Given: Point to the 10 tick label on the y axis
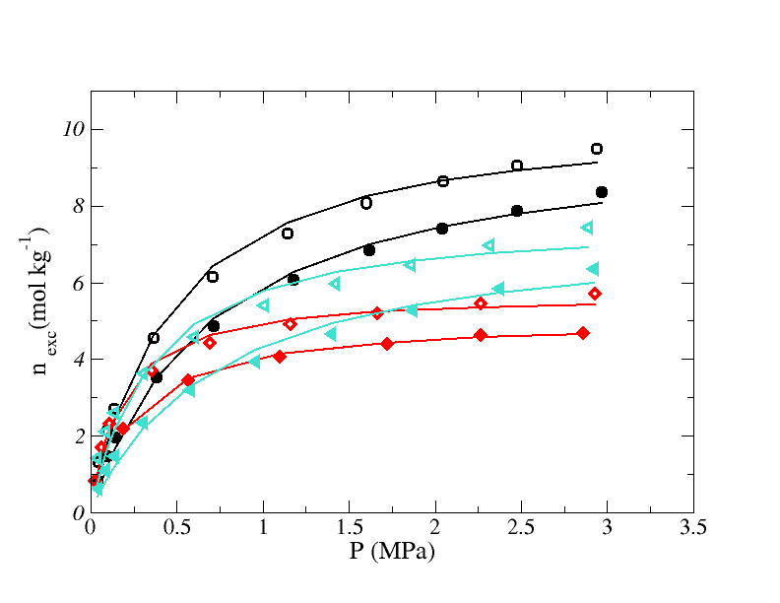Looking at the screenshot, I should pos(66,130).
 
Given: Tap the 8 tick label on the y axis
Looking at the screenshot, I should pos(73,207).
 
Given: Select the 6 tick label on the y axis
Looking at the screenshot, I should pos(73,284).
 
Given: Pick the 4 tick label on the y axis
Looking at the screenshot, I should pos(73,360).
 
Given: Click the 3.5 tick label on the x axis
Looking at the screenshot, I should pos(693,528).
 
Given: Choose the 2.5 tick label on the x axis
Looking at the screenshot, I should pos(521,528).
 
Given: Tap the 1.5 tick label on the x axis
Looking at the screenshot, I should pos(349,528).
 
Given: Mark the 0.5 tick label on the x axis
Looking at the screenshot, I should pos(176,528).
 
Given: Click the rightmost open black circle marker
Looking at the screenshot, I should pos(597,149).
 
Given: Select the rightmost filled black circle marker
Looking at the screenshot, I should pos(602,192).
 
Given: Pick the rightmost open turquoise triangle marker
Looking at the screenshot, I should pos(587,228).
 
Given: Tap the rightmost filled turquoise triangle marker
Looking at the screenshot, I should pos(593,269).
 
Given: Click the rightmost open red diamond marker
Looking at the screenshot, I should pos(595,294).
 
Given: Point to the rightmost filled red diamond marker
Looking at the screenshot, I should pos(583,333).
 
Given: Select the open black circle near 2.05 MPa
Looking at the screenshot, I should pos(443,181).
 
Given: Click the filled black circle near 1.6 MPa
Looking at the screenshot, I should pos(369,250).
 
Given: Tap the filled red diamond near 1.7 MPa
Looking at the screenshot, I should pos(387,344).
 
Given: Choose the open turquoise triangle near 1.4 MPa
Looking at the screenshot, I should pos(334,284).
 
